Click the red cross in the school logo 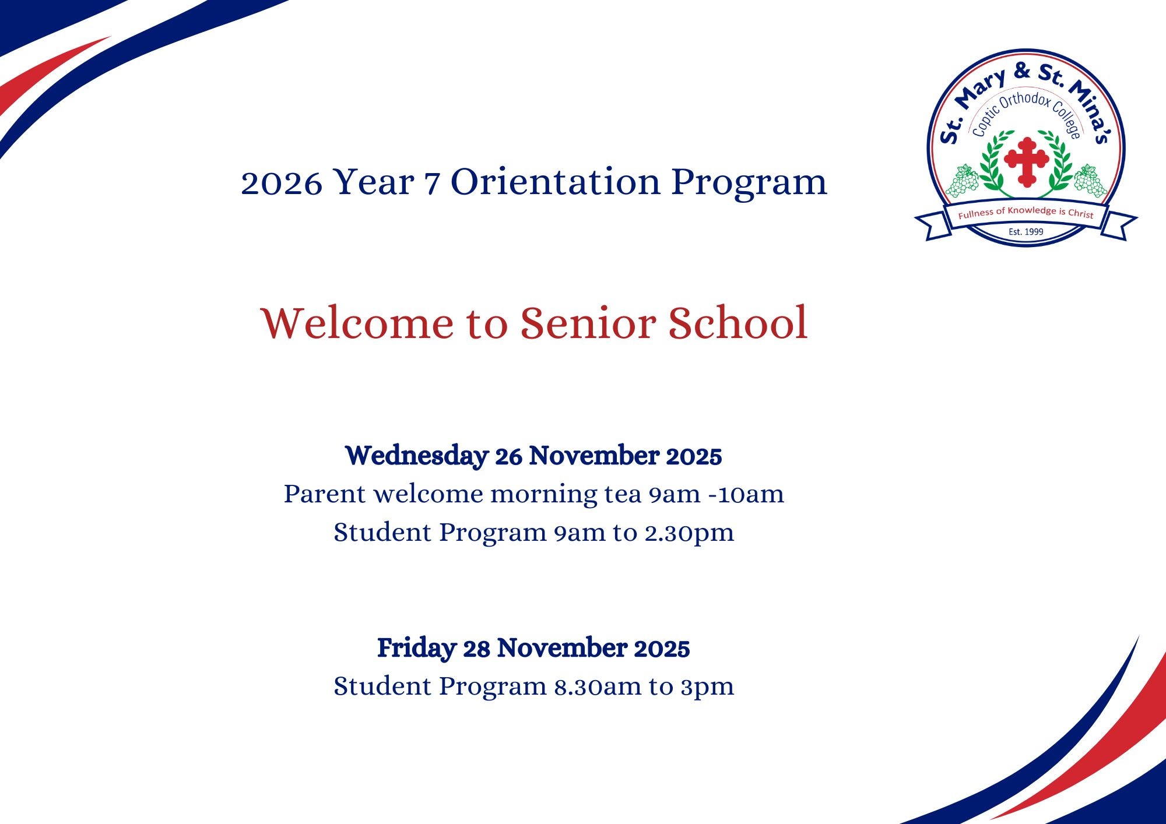click(1026, 161)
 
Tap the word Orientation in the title click(556, 182)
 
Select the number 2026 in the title click(281, 183)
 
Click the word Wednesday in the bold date click(417, 456)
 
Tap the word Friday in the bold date click(416, 648)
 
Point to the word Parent click(325, 494)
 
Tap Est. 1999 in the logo click(1026, 232)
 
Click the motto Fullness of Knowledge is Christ click(1026, 213)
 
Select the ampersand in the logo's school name click(1021, 71)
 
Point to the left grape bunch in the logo click(962, 181)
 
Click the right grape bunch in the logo click(1090, 181)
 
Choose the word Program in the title click(749, 183)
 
